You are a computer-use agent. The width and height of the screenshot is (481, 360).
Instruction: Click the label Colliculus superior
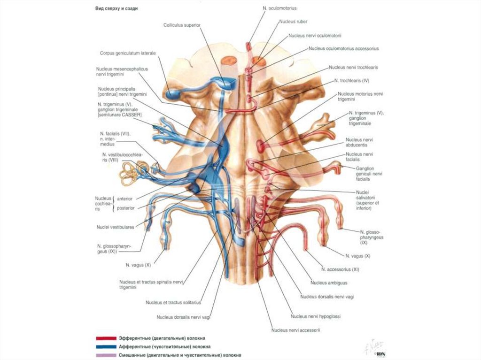(x=182, y=25)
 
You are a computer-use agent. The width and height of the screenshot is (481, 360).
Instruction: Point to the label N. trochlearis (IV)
(x=352, y=81)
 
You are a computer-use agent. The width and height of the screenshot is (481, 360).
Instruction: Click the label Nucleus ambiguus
(x=328, y=283)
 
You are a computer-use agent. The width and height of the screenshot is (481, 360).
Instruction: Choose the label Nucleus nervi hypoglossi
(x=316, y=316)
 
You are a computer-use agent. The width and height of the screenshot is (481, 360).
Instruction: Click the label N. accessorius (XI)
(x=340, y=269)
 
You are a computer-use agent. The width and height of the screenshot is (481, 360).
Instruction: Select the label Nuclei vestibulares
(x=115, y=227)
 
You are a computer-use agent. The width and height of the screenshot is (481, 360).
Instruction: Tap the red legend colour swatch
(x=106, y=337)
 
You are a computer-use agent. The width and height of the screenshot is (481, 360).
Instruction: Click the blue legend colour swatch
(x=106, y=346)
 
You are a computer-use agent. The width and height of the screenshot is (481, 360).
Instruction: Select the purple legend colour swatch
(x=106, y=355)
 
